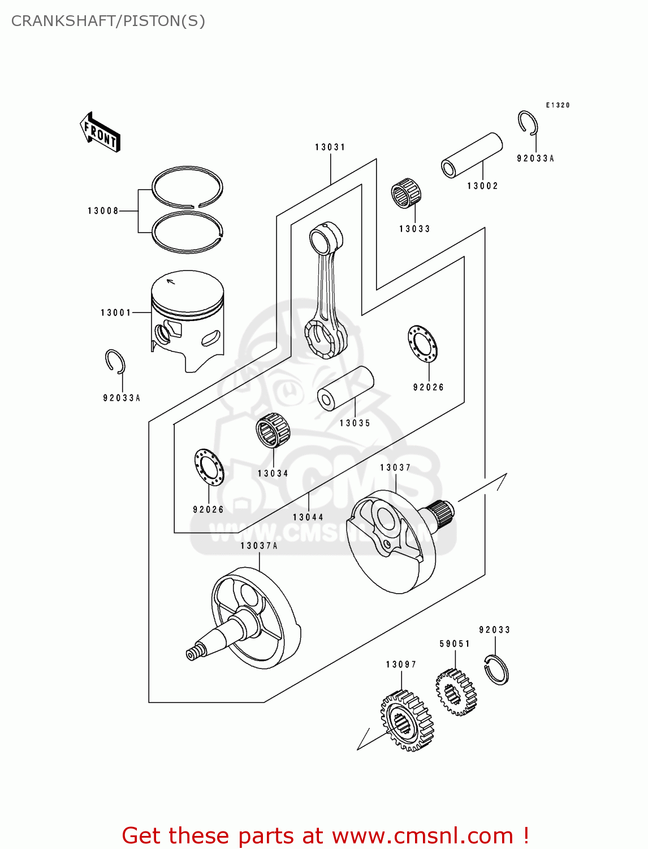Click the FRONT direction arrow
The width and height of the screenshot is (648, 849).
(x=101, y=132)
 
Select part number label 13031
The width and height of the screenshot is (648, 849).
(x=330, y=147)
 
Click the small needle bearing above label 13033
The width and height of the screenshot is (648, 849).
(x=406, y=193)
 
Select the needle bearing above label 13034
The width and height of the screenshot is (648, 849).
(x=273, y=430)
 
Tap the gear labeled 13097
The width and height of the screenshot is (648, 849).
(x=407, y=721)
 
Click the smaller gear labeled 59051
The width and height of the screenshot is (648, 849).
(x=456, y=692)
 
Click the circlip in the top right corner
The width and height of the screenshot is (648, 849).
(x=528, y=123)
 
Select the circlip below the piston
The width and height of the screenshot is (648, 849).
(x=115, y=362)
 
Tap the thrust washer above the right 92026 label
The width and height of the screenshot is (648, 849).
(x=422, y=344)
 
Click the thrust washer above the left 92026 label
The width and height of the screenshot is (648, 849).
(x=209, y=467)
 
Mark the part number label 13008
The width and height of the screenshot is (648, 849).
(x=103, y=211)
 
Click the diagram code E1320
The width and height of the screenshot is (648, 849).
(x=558, y=105)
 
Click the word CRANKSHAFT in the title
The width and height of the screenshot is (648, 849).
(x=63, y=21)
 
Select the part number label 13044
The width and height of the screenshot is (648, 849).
(x=308, y=517)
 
